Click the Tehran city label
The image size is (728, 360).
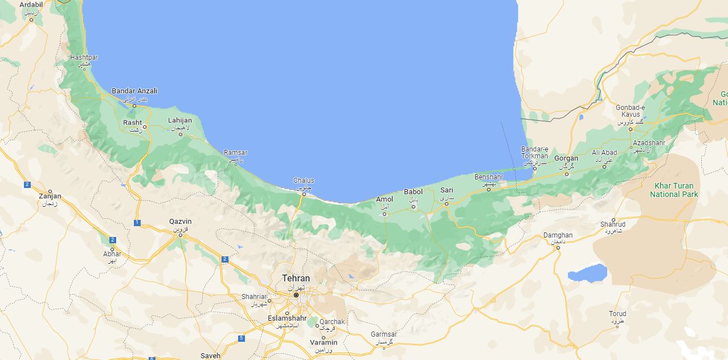click(296, 279)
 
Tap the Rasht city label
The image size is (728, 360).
click(133, 122)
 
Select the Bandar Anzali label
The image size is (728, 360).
click(134, 91)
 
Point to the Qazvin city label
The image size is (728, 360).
click(181, 222)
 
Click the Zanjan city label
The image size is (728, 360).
click(50, 197)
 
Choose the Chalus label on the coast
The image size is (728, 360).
click(304, 181)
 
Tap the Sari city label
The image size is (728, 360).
click(447, 190)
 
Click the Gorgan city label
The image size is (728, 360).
click(566, 158)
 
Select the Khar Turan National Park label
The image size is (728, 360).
click(674, 190)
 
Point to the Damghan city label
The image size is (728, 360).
click(558, 235)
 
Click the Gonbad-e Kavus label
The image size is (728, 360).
click(630, 111)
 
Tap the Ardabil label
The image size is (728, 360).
click(31, 5)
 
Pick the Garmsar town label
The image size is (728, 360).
click(383, 334)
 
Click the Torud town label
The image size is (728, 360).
click(617, 314)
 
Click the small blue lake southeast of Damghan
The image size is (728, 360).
click(587, 273)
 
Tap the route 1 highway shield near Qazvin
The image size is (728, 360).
click(137, 223)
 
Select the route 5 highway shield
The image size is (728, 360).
click(241, 338)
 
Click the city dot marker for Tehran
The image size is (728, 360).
click(296, 295)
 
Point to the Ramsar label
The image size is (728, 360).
click(235, 153)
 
